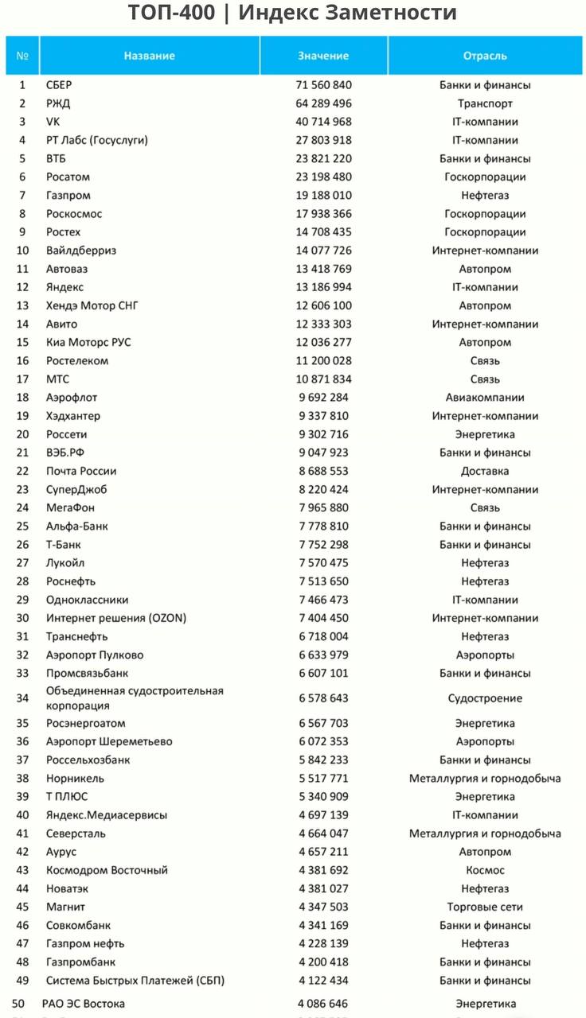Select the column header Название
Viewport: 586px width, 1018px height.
coord(150,56)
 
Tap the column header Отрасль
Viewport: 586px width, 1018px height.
coord(485,56)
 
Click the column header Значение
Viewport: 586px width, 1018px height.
coord(323,56)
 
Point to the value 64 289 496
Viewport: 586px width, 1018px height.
coord(324,103)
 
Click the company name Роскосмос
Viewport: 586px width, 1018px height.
coord(74,214)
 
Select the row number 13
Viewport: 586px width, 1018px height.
coord(22,305)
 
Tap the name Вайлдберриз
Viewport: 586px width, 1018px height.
coord(81,251)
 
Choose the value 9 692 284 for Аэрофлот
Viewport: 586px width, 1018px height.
coord(324,398)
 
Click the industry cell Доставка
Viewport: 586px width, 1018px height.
coord(485,471)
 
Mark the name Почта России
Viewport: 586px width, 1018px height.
coord(81,471)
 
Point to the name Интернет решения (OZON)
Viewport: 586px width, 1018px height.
coord(116,618)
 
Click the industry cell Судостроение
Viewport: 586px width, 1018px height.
coord(485,698)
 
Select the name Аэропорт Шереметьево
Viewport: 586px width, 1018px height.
coord(109,741)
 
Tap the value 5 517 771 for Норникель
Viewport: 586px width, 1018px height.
coord(324,779)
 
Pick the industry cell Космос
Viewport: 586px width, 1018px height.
coord(485,870)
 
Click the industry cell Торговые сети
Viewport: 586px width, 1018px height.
coord(485,907)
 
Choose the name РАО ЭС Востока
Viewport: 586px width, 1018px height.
coord(84,1004)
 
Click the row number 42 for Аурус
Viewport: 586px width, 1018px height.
coord(22,852)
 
